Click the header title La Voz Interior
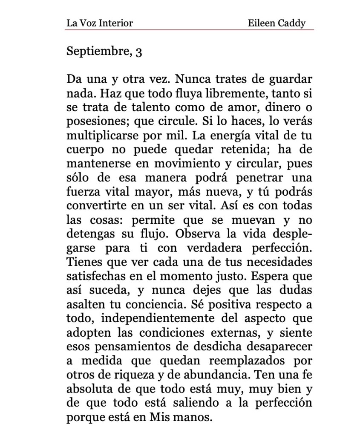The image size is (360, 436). (x=99, y=23)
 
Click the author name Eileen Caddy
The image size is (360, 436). (x=276, y=23)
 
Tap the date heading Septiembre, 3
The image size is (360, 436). (x=104, y=52)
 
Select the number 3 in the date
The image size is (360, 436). (x=138, y=52)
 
